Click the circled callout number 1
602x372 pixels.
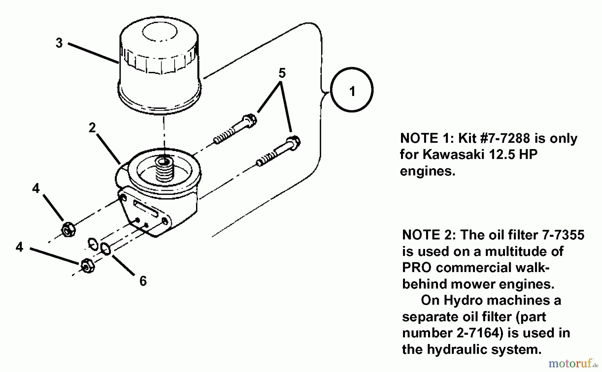click(352, 91)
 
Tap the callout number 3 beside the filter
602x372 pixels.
click(59, 43)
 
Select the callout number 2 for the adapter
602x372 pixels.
click(92, 128)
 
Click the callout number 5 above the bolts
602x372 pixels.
click(282, 73)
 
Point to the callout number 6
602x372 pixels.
click(143, 281)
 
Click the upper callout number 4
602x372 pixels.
click(36, 189)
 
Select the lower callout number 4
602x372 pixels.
click(19, 247)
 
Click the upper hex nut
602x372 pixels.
click(68, 229)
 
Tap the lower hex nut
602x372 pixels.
click(88, 266)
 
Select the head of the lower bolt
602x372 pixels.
click(293, 143)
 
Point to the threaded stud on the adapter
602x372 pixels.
click(165, 169)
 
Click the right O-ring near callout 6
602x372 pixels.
click(105, 249)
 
